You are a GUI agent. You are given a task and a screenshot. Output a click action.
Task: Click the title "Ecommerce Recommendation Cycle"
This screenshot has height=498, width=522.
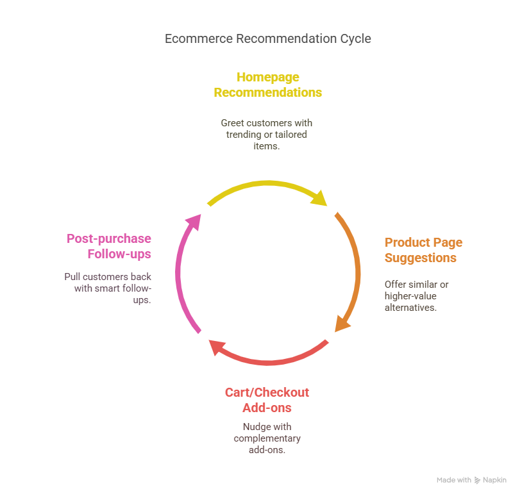[x=267, y=38]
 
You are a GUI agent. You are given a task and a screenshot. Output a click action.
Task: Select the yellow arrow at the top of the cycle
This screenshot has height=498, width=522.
[x=263, y=185]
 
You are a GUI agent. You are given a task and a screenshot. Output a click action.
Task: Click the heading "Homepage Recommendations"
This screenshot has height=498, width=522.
[x=267, y=85]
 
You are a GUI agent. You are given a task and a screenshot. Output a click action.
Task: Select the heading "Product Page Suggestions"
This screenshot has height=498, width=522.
[x=423, y=250]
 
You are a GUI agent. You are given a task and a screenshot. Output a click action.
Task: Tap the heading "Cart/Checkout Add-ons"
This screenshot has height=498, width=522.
[x=267, y=400]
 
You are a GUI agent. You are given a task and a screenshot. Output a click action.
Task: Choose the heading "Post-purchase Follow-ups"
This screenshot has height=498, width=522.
[x=109, y=246]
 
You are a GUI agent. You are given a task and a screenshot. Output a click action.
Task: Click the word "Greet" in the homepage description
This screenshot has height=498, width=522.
[x=232, y=122]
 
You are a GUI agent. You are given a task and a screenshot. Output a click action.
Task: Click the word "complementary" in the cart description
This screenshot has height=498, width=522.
[x=267, y=438]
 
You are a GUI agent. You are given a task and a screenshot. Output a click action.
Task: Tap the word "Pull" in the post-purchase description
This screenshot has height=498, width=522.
[x=72, y=277]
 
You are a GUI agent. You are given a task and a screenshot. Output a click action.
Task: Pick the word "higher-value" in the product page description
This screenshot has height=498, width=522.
[x=410, y=295]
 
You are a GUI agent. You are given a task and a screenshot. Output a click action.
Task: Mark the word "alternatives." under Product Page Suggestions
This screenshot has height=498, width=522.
[x=410, y=307]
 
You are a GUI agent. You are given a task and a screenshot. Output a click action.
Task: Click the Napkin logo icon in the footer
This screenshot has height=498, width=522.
[x=477, y=480]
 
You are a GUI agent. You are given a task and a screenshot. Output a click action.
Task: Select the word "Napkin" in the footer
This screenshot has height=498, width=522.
[x=494, y=480]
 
